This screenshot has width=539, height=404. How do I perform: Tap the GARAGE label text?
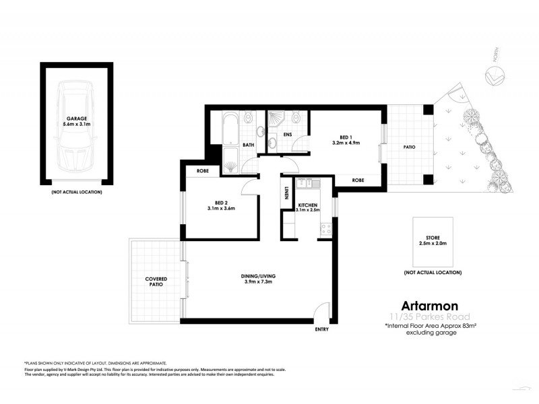point(76,118)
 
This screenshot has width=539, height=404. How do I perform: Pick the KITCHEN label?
point(307,204)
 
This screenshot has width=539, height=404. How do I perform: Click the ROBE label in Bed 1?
point(358,180)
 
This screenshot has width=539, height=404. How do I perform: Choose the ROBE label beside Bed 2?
point(202,171)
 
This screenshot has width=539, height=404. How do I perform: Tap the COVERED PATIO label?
point(156,281)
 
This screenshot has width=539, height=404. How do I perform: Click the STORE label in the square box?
point(433,237)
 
